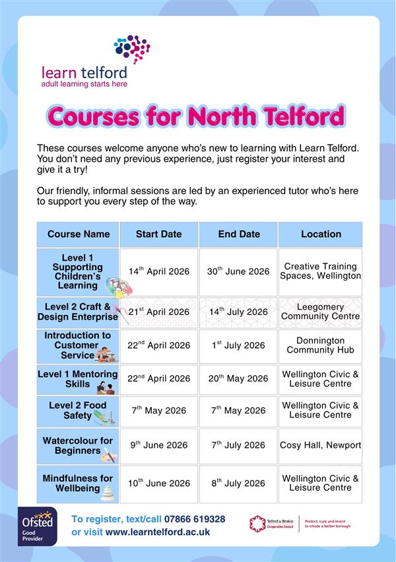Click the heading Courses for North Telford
[x=196, y=116]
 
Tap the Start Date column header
[x=158, y=234]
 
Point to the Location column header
[x=320, y=234]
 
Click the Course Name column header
[x=79, y=234]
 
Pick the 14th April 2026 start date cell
[x=158, y=271]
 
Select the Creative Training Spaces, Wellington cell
[x=320, y=271]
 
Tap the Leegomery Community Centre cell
[x=320, y=312]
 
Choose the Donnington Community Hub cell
[x=320, y=345]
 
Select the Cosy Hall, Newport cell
[x=320, y=445]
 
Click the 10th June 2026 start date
[x=158, y=483]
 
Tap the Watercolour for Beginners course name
[x=77, y=446]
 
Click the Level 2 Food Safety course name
[x=77, y=410]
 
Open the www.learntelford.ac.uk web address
[x=158, y=532]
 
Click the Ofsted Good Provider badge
[x=37, y=526]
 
